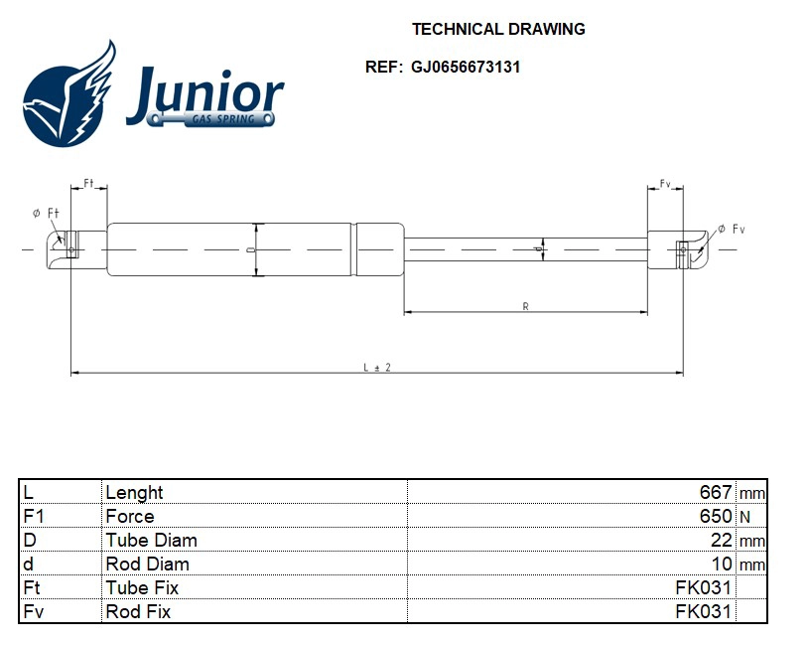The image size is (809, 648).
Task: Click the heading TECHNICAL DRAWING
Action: click(498, 29)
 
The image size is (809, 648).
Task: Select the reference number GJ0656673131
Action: click(466, 68)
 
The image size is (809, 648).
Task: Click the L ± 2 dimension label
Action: click(376, 367)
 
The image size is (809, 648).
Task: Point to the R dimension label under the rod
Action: click(525, 306)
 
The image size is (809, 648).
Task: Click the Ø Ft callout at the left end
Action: click(46, 213)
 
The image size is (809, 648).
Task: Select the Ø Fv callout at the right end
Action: click(731, 229)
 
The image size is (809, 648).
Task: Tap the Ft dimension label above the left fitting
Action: click(88, 184)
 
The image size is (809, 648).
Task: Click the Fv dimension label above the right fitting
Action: click(665, 185)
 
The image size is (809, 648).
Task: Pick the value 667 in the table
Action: click(716, 492)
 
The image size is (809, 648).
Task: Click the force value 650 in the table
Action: click(716, 516)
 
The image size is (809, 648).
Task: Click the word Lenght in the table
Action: click(134, 492)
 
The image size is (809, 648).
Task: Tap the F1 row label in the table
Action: click(34, 516)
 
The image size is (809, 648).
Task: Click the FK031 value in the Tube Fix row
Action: click(703, 587)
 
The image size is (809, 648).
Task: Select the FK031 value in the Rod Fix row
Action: click(703, 611)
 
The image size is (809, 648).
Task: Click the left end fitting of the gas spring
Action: click(66, 243)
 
